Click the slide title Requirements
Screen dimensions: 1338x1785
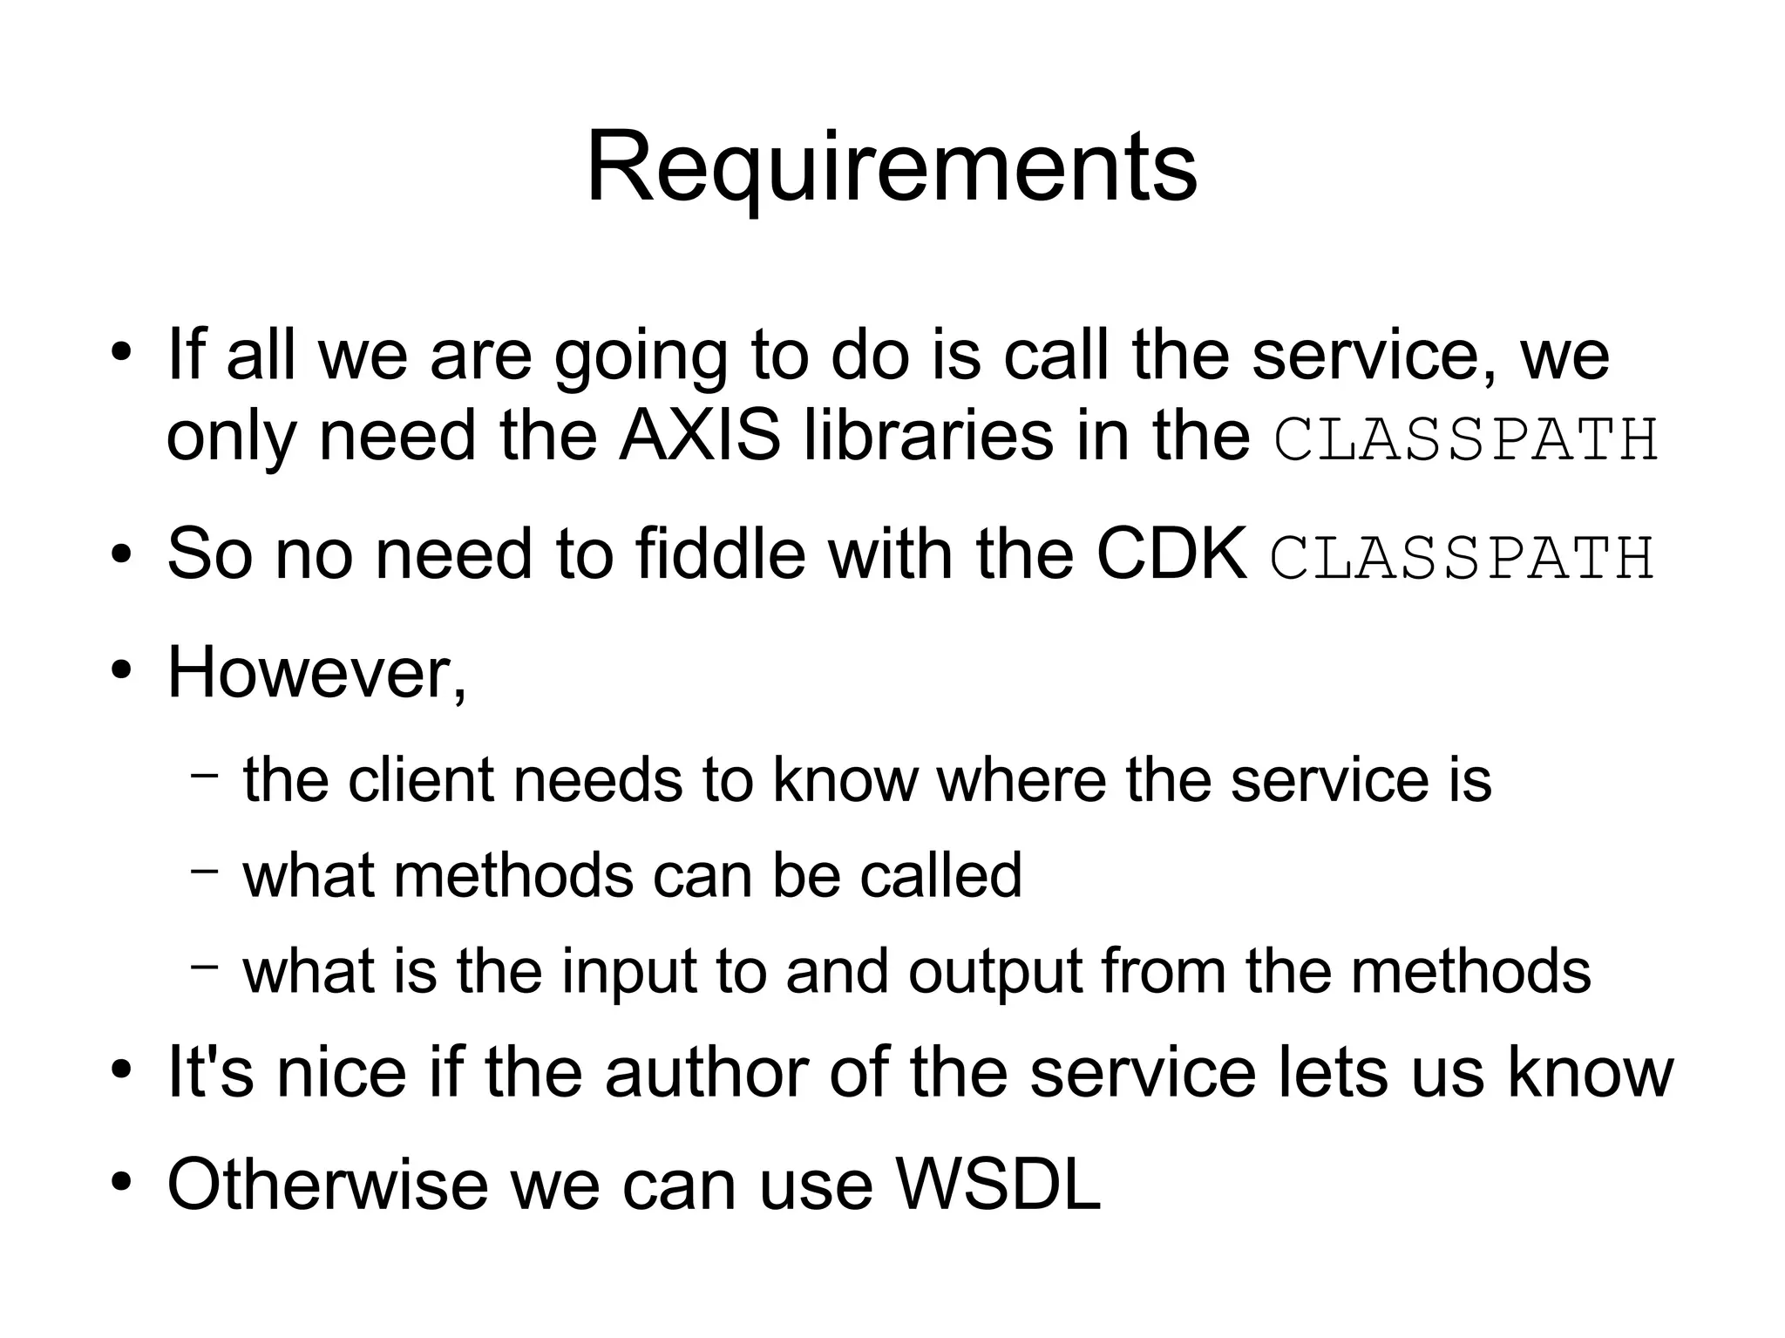[892, 167]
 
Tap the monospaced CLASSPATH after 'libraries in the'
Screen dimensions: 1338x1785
[1466, 439]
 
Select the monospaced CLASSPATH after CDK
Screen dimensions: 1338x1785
[1462, 557]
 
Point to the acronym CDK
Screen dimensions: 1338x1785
[1171, 554]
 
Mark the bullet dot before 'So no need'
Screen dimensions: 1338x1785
[121, 554]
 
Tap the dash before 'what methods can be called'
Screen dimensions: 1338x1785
[205, 871]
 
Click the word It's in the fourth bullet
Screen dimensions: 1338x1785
[210, 1072]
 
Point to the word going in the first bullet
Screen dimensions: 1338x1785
[641, 356]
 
